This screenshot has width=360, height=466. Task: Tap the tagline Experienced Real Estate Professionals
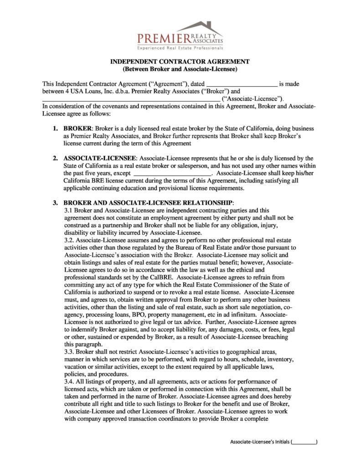coord(180,48)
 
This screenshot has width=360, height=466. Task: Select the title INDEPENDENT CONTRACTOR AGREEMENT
coord(180,62)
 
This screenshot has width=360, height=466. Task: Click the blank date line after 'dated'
coord(242,84)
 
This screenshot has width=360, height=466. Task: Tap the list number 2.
coord(55,158)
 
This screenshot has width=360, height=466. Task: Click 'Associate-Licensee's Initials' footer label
coord(259,442)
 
